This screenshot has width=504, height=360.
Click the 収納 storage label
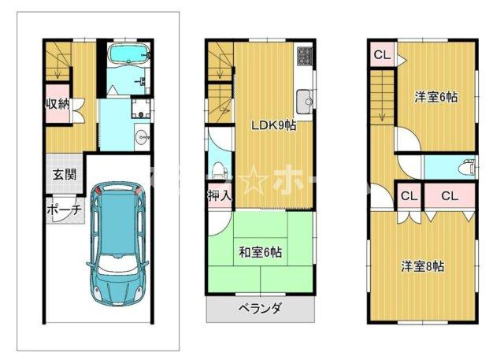pyautogui.click(x=57, y=103)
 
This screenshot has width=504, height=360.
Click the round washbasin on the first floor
pyautogui.click(x=143, y=136)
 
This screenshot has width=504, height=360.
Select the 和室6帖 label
pyautogui.click(x=261, y=252)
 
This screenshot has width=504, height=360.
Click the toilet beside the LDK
pyautogui.click(x=219, y=168)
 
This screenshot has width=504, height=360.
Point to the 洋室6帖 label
pyautogui.click(x=437, y=97)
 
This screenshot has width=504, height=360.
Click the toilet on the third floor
pyautogui.click(x=466, y=167)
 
